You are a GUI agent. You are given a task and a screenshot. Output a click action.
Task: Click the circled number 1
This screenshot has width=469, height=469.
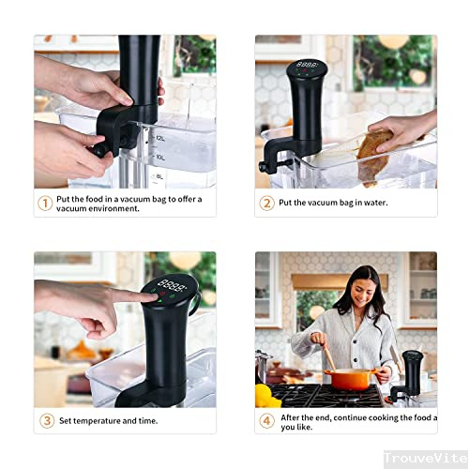pyautogui.click(x=45, y=203)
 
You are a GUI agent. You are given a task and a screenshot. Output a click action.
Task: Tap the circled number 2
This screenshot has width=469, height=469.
pyautogui.click(x=266, y=203)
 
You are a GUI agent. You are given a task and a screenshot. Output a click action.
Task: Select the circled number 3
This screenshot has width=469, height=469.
pyautogui.click(x=45, y=420)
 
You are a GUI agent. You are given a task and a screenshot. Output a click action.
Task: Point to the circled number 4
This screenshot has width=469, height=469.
pyautogui.click(x=266, y=420)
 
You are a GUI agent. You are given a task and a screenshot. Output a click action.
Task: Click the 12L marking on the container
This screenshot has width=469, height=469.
pyautogui.click(x=160, y=137)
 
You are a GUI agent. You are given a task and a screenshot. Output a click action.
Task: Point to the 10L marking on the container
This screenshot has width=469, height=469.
pyautogui.click(x=160, y=157)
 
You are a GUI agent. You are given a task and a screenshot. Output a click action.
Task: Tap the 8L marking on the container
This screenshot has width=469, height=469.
pyautogui.click(x=160, y=175)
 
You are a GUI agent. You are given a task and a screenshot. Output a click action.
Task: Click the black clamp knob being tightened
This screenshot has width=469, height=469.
pyautogui.click(x=97, y=148)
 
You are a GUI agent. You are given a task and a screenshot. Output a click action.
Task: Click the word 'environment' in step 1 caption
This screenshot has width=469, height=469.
pyautogui.click(x=105, y=208)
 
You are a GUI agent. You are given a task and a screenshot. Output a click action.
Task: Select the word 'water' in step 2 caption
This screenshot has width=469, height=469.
pyautogui.click(x=374, y=203)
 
